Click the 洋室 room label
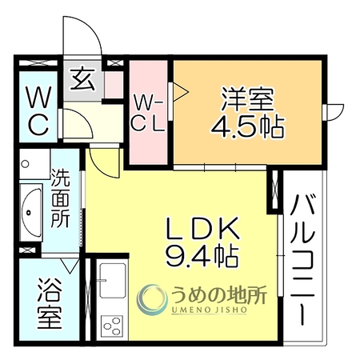tap(247, 99)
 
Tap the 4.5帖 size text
tap(248, 127)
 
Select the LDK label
tap(202, 228)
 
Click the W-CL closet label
tap(148, 115)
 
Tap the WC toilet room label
tap(38, 110)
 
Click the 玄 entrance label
tap(82, 79)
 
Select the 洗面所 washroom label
tap(61, 198)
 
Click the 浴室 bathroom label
tap(50, 303)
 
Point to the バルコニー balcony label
tap(302, 260)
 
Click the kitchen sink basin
tap(113, 281)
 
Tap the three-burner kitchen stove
tap(112, 326)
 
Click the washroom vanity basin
tap(31, 212)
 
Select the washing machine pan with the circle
tap(34, 164)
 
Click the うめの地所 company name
tap(218, 295)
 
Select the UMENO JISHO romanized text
tap(209, 310)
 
